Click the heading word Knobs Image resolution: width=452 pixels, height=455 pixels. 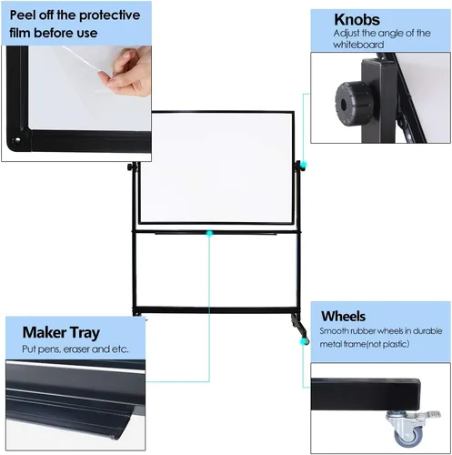click(x=357, y=20)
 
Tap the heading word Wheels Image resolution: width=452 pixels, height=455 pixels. click(x=343, y=316)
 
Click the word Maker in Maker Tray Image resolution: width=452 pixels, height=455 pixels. click(x=45, y=332)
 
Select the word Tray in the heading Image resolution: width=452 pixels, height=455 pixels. click(x=85, y=333)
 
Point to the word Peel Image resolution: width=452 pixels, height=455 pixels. click(x=23, y=15)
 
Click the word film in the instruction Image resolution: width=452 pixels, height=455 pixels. click(x=20, y=33)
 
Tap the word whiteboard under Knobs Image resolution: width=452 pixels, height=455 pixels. click(x=358, y=45)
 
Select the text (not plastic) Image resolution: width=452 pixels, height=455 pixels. click(x=387, y=344)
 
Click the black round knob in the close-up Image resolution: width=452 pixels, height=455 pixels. click(x=353, y=104)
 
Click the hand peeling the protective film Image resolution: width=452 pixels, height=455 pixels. click(x=129, y=72)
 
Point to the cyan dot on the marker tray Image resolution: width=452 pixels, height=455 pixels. click(x=209, y=233)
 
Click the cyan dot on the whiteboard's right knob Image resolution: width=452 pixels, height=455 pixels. click(x=303, y=166)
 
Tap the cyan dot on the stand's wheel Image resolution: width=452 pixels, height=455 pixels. click(x=303, y=341)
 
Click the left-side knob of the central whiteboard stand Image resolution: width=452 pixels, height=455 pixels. click(x=131, y=167)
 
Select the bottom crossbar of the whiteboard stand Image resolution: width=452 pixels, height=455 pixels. click(x=216, y=310)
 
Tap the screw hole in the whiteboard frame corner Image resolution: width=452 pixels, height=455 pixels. click(x=16, y=140)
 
